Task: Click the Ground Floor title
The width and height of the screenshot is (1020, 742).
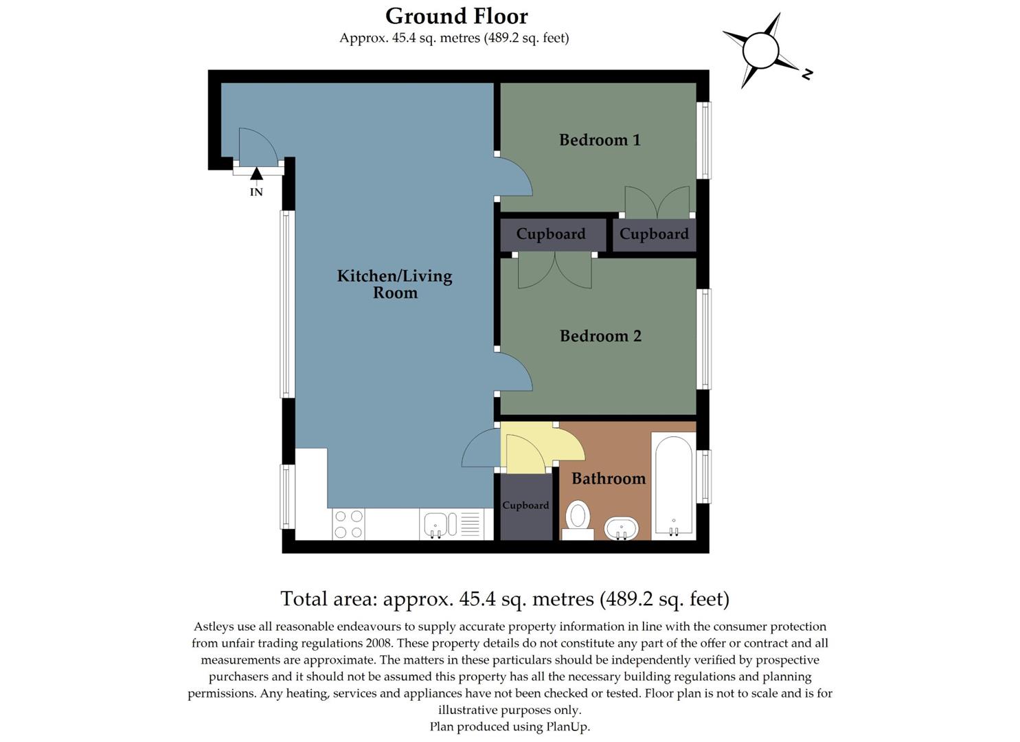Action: [x=456, y=16]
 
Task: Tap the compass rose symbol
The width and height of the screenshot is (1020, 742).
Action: [x=761, y=51]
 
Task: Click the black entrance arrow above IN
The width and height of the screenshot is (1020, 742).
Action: [x=256, y=174]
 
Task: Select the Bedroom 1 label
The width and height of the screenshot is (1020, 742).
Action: [x=600, y=140]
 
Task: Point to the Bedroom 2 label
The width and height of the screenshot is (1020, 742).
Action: [x=600, y=336]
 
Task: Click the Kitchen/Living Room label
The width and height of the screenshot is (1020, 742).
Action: [x=395, y=284]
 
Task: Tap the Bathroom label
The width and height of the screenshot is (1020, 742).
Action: [x=609, y=478]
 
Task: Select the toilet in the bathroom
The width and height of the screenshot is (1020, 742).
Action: [x=578, y=519]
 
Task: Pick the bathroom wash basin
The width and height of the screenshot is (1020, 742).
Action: [x=622, y=529]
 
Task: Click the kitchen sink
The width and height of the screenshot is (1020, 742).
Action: [x=436, y=524]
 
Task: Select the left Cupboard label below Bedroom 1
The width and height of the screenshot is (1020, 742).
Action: [x=551, y=234]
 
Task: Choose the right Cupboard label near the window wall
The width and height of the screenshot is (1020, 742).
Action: [x=654, y=234]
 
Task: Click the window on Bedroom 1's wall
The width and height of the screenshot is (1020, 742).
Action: [x=704, y=140]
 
